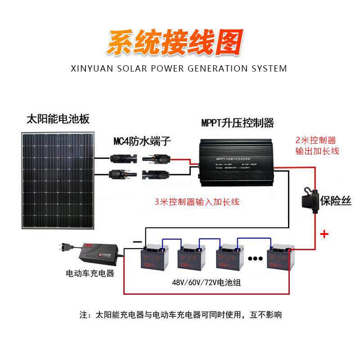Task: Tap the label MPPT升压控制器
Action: pyautogui.click(x=238, y=123)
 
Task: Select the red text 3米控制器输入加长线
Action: pyautogui.click(x=197, y=202)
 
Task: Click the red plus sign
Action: pyautogui.click(x=324, y=234)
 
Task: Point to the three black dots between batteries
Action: pyautogui.click(x=255, y=259)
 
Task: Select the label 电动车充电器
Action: pyautogui.click(x=90, y=274)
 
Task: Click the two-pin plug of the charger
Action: pyautogui.click(x=65, y=247)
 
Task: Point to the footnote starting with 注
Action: pyautogui.click(x=180, y=314)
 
